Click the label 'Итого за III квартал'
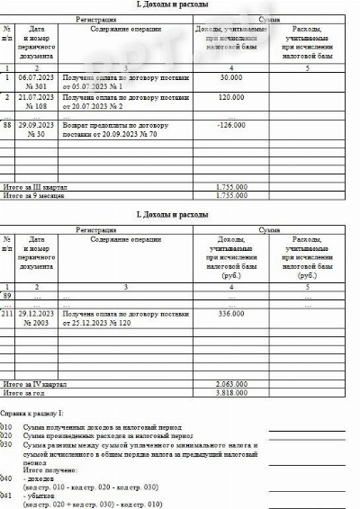[37, 187]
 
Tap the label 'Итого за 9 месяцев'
[34, 194]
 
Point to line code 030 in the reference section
[7, 444]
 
